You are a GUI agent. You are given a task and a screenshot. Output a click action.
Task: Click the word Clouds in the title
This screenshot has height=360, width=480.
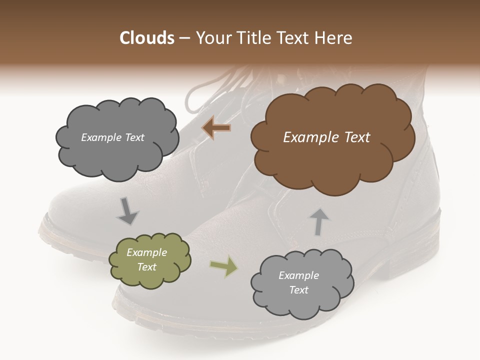click(147, 38)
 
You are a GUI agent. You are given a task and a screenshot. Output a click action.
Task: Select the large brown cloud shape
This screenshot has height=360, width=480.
click(332, 160)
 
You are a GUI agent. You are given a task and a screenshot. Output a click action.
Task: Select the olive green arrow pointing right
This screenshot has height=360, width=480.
click(223, 267)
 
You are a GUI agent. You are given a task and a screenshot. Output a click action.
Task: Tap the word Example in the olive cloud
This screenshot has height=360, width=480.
click(147, 252)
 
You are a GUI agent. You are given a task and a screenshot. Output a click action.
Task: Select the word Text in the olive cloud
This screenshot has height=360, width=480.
click(147, 267)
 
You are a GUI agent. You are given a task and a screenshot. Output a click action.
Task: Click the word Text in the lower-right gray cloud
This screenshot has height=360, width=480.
click(299, 290)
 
